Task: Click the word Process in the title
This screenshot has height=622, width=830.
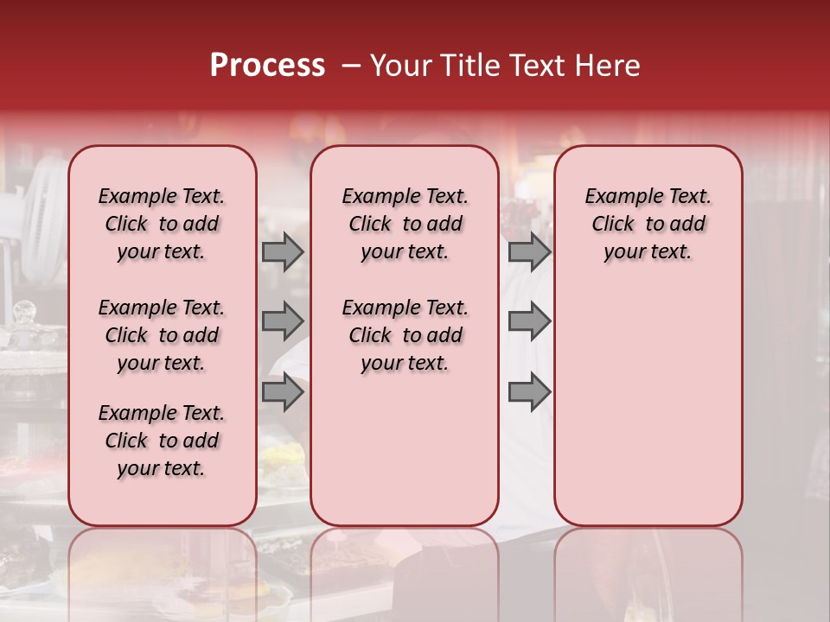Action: [x=267, y=66]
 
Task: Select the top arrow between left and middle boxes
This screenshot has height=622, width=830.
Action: [x=283, y=251]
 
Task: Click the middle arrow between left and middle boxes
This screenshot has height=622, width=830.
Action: [x=283, y=321]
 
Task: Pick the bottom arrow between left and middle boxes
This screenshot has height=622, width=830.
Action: [x=283, y=391]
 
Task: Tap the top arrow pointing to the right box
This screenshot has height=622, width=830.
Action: [x=529, y=251]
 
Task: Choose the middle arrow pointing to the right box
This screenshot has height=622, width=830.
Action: [x=529, y=321]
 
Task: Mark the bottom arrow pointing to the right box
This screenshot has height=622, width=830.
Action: [x=529, y=391]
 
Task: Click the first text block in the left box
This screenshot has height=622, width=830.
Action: [x=162, y=224]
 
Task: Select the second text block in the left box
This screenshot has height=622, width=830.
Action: [x=162, y=335]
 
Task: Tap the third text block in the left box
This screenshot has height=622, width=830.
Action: [x=162, y=441]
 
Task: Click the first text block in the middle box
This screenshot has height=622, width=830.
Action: [x=405, y=224]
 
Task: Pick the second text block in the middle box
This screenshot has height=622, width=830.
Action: [x=405, y=335]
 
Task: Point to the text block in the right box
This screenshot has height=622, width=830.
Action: [x=648, y=224]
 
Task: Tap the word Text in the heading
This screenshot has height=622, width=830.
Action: [x=535, y=66]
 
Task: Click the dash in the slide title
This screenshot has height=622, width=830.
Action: [x=350, y=66]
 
